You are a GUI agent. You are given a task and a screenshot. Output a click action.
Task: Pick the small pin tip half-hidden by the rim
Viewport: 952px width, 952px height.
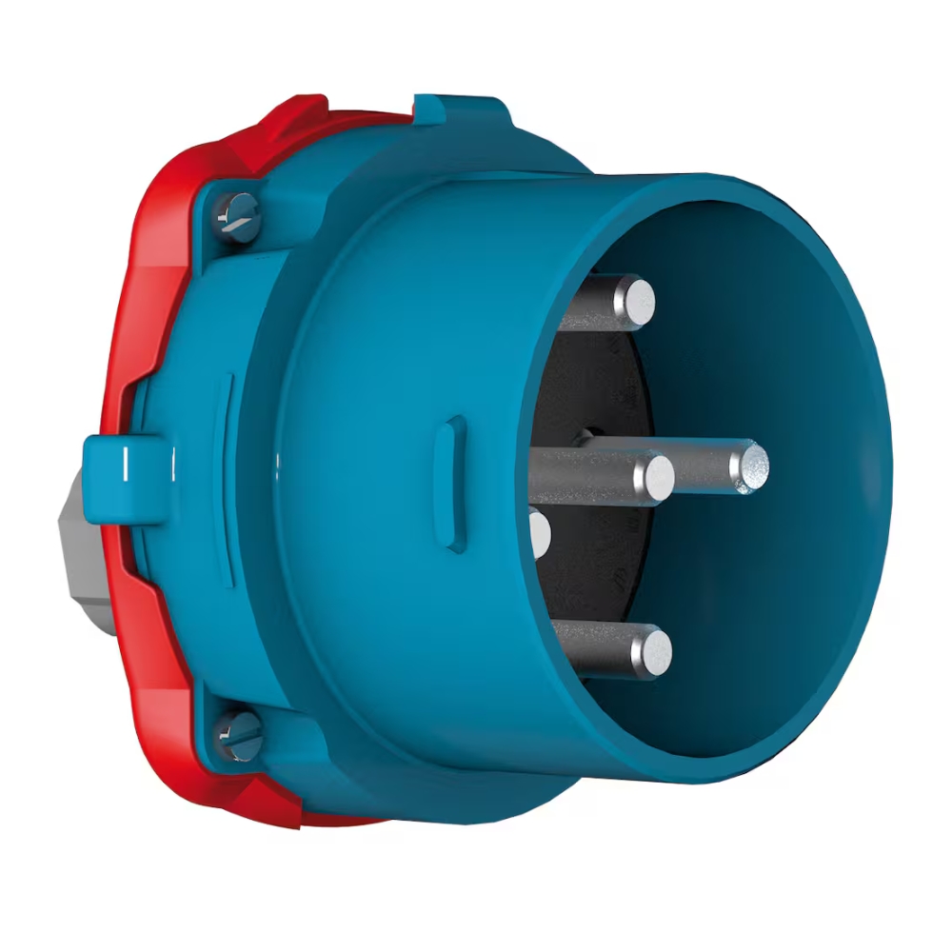(541, 533)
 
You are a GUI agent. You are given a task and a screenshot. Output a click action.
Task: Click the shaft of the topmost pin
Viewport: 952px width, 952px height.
(590, 303)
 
